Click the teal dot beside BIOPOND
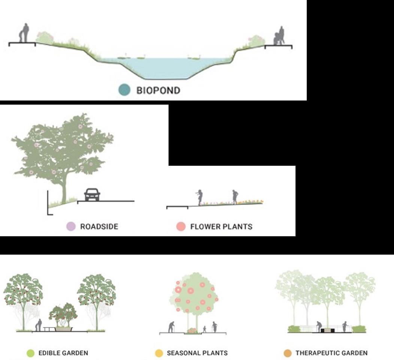tap(124, 90)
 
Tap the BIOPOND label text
tap(158, 90)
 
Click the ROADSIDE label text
tap(99, 227)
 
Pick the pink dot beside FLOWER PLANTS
tap(181, 226)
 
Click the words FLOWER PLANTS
tap(221, 227)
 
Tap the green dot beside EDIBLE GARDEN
tap(30, 353)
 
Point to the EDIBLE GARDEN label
tap(63, 353)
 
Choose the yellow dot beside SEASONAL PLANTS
tap(159, 353)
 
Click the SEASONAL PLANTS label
tap(197, 353)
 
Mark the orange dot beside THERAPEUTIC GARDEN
tap(287, 353)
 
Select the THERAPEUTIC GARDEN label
tap(331, 353)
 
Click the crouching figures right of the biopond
tap(279, 37)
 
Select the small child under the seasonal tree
tap(204, 328)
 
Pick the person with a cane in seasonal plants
tap(171, 327)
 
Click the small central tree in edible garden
tap(63, 315)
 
